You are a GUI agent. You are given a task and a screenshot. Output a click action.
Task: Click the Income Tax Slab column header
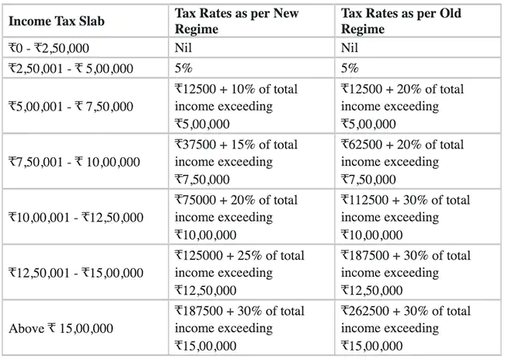[57, 21]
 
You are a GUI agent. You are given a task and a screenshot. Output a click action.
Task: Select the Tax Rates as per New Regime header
[237, 21]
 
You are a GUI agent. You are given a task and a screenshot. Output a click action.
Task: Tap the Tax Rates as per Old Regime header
[401, 21]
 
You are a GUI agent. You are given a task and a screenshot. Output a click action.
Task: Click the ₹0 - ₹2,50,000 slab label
[49, 48]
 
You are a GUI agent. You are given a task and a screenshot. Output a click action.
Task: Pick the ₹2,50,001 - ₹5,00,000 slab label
[71, 68]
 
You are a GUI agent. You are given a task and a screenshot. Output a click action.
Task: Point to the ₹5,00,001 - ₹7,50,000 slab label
[71, 107]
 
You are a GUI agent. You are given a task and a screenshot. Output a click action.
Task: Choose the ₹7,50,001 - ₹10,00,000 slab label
[75, 162]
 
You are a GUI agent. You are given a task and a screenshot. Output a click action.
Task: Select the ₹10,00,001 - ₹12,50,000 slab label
[76, 217]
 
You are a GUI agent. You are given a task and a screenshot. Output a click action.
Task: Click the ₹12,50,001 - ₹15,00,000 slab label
[76, 273]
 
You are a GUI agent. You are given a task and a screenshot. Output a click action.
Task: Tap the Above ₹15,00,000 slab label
[61, 328]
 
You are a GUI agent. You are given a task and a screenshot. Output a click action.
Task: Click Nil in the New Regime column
[183, 48]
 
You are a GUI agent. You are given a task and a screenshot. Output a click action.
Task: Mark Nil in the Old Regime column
[350, 48]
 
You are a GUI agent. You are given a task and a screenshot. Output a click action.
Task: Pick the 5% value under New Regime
[183, 68]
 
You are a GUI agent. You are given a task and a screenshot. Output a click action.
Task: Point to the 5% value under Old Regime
[350, 68]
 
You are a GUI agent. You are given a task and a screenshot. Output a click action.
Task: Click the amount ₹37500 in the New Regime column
[196, 145]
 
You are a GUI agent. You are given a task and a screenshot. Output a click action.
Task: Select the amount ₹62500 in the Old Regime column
[362, 145]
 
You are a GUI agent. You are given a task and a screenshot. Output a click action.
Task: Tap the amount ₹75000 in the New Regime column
[196, 200]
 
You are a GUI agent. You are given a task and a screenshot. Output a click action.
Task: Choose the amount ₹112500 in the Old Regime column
[365, 200]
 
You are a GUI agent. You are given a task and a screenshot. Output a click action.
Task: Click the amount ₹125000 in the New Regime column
[199, 255]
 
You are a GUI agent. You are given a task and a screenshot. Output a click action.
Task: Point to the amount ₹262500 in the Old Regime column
[365, 311]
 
